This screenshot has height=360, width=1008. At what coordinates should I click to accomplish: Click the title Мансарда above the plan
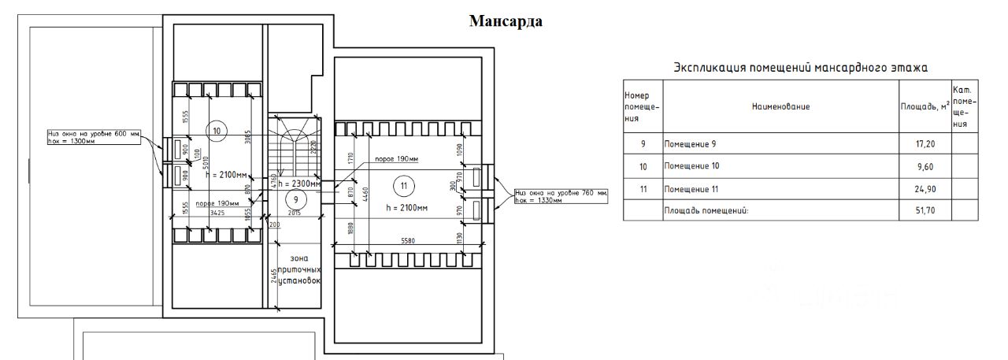506,21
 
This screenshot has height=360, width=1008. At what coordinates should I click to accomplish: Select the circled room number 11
403,186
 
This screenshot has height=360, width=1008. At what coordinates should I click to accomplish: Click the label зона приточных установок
295,269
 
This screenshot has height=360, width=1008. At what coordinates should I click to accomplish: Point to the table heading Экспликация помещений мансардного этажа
801,69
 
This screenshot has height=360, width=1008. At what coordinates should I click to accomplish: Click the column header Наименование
780,106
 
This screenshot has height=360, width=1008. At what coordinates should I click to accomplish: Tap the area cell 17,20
925,144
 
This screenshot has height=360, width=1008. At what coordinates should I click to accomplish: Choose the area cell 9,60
925,167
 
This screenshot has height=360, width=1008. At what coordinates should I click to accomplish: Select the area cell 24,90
925,189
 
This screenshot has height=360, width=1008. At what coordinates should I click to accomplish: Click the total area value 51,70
925,211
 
